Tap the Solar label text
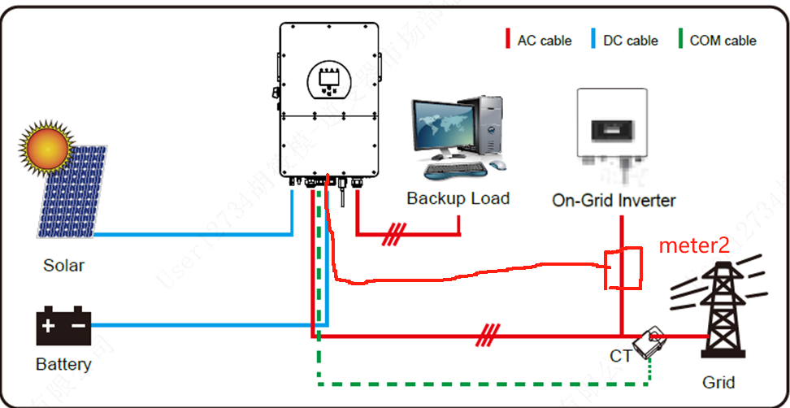tap(63, 265)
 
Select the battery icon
tap(63, 326)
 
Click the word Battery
tap(63, 364)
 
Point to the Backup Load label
tap(458, 198)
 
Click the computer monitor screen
tap(444, 124)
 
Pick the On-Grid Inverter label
tap(614, 200)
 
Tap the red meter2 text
tap(693, 245)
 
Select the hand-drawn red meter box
tap(623, 269)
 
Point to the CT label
tap(621, 357)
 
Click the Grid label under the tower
tap(718, 382)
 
